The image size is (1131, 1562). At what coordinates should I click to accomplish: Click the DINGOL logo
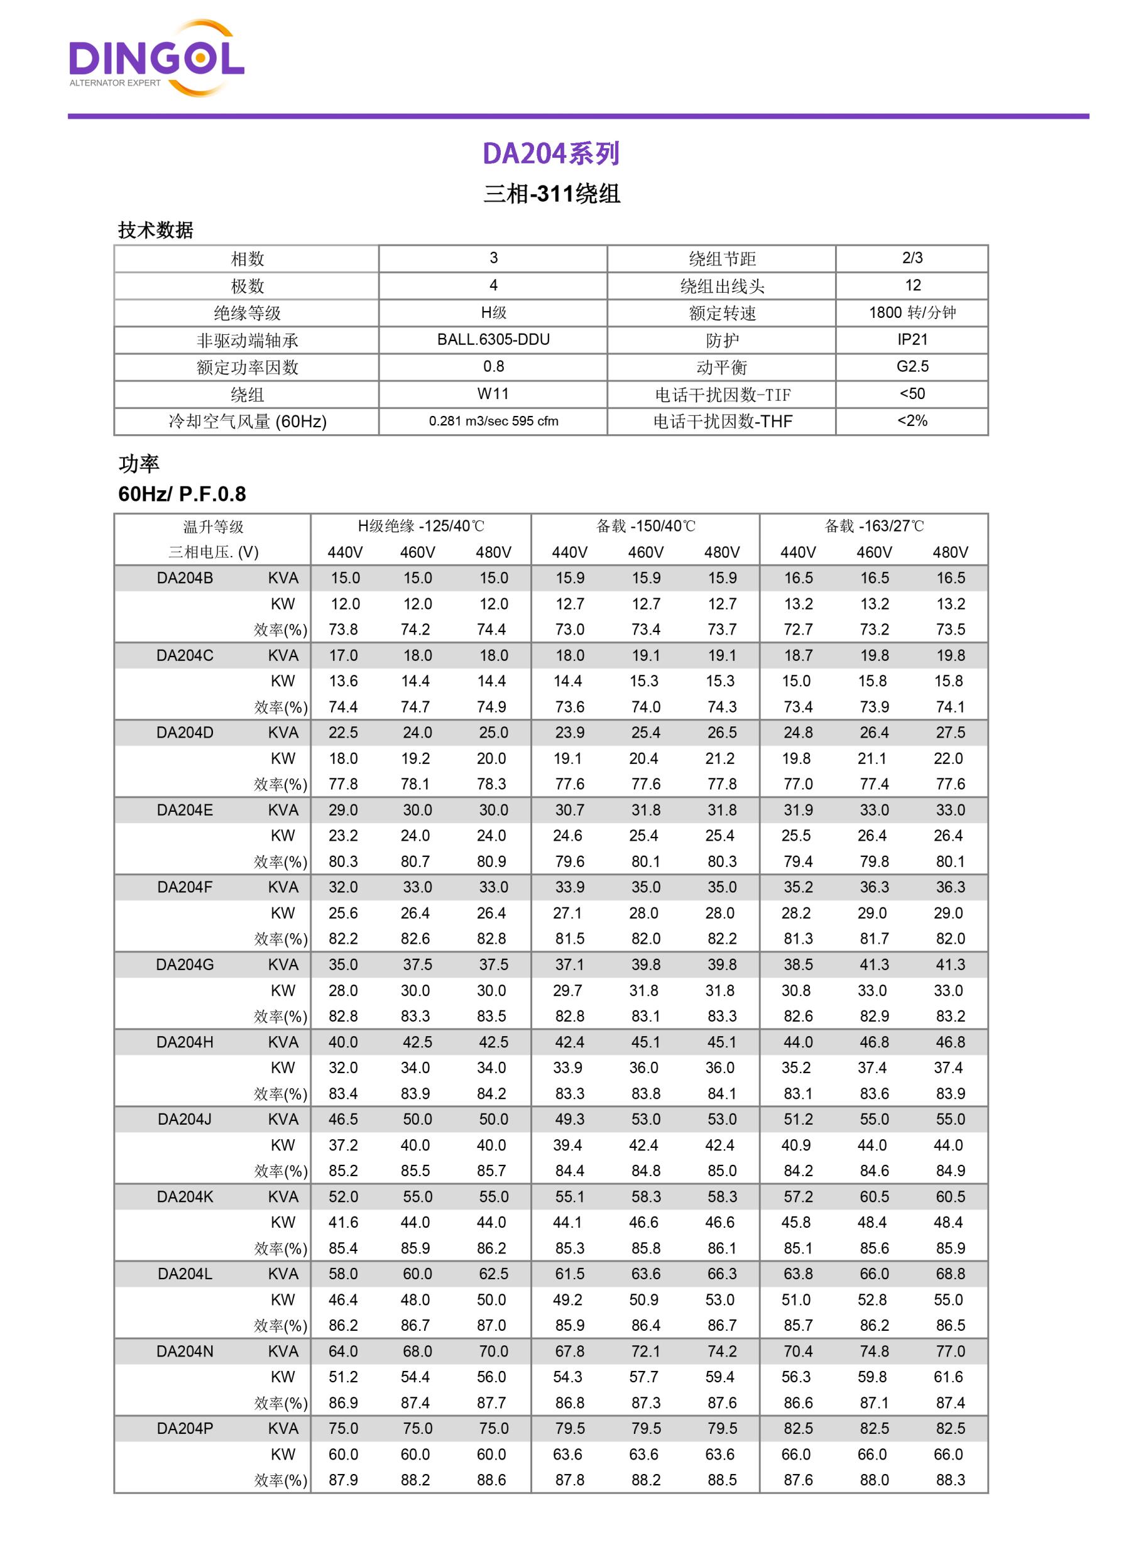[156, 59]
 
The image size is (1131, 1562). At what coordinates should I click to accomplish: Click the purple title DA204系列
[551, 153]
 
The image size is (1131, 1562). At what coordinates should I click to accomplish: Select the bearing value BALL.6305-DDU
[493, 339]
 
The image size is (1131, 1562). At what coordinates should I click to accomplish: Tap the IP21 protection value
[912, 339]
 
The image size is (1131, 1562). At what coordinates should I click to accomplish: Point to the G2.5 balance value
[912, 366]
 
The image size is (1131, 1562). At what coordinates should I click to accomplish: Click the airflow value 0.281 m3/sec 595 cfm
[493, 421]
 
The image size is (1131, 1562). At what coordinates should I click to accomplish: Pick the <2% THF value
[912, 421]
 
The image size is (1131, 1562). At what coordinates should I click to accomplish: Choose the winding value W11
[493, 394]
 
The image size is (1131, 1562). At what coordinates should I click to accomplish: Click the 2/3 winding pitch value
[912, 258]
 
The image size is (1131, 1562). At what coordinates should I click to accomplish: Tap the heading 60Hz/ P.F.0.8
[182, 494]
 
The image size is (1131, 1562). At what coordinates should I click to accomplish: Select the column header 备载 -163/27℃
[874, 526]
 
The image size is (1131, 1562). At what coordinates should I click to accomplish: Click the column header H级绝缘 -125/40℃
[421, 526]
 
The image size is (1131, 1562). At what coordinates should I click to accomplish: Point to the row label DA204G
[185, 965]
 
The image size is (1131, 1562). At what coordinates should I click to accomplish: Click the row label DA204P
[185, 1428]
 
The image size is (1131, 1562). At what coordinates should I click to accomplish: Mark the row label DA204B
[185, 578]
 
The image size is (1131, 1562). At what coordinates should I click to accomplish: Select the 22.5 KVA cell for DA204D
[343, 733]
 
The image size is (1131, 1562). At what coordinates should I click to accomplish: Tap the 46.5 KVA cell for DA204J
[343, 1119]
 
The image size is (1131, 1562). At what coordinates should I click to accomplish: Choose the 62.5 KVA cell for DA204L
[493, 1274]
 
